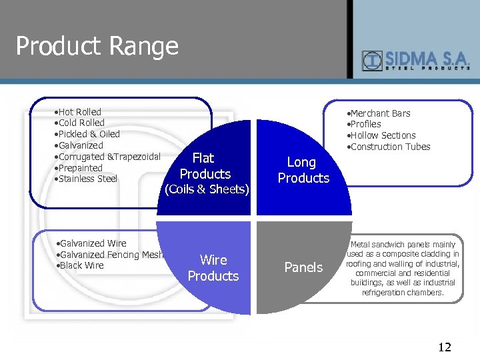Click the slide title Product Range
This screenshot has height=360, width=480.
coord(97,46)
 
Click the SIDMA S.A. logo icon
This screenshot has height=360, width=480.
coord(371,61)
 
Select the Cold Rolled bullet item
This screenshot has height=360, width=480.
coord(81,123)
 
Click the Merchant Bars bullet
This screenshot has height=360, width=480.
coord(380,113)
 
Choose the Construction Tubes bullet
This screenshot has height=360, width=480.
coord(390,147)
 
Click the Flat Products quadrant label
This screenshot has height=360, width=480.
coord(205,167)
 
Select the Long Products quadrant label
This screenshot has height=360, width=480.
coord(303,170)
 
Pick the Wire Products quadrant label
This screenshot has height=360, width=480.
coord(213,268)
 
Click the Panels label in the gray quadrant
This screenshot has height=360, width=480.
coord(303,267)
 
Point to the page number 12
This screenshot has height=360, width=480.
coord(445,347)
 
